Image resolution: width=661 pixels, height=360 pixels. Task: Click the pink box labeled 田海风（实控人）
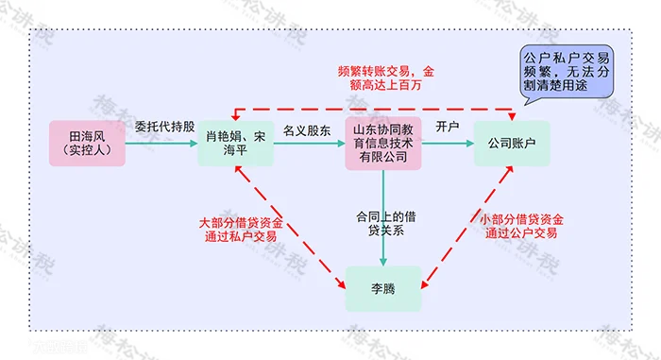pyautogui.click(x=87, y=143)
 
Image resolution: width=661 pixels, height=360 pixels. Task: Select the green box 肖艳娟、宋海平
pyautogui.click(x=236, y=143)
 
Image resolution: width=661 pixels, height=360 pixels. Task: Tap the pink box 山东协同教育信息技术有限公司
pyautogui.click(x=383, y=144)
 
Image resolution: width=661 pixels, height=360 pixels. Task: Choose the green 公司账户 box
pyautogui.click(x=512, y=143)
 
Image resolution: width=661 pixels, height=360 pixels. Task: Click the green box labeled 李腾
pyautogui.click(x=383, y=289)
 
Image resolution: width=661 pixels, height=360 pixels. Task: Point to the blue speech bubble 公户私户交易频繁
pyautogui.click(x=567, y=72)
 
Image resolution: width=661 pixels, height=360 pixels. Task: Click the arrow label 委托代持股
pyautogui.click(x=164, y=127)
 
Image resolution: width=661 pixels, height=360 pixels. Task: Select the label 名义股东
pyautogui.click(x=307, y=130)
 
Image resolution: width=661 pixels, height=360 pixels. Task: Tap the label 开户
pyautogui.click(x=448, y=127)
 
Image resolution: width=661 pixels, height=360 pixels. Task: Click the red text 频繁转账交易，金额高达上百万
pyautogui.click(x=385, y=78)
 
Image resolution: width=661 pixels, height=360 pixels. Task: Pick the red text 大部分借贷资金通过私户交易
pyautogui.click(x=241, y=230)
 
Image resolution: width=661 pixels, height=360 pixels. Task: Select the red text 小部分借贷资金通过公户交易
pyautogui.click(x=521, y=226)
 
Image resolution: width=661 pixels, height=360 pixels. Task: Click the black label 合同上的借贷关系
pyautogui.click(x=386, y=223)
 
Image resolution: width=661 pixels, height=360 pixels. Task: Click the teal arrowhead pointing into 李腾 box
pyautogui.click(x=383, y=262)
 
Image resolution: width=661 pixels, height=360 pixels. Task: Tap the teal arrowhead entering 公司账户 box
pyautogui.click(x=469, y=144)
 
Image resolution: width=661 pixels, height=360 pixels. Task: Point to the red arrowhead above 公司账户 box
pyautogui.click(x=512, y=116)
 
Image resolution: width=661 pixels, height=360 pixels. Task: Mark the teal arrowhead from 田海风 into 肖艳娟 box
pyautogui.click(x=194, y=144)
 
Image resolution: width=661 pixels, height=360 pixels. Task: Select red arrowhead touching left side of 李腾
pyautogui.click(x=341, y=284)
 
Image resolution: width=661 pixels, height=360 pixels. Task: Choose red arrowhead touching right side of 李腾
pyautogui.click(x=425, y=284)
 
